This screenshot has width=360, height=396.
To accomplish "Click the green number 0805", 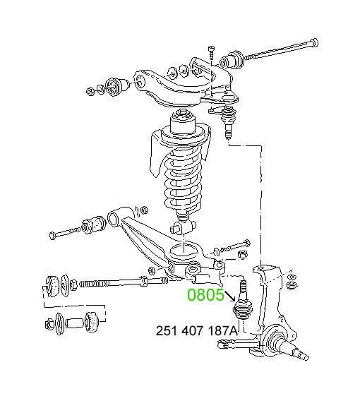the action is pyautogui.click(x=205, y=295).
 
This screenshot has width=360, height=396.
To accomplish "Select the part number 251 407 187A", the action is pyautogui.click(x=197, y=331).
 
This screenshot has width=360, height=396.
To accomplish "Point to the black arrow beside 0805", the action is pyautogui.click(x=229, y=296).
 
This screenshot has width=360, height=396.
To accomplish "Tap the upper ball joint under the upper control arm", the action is pyautogui.click(x=229, y=119).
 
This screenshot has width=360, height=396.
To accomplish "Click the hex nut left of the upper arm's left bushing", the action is pyautogui.click(x=90, y=91).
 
